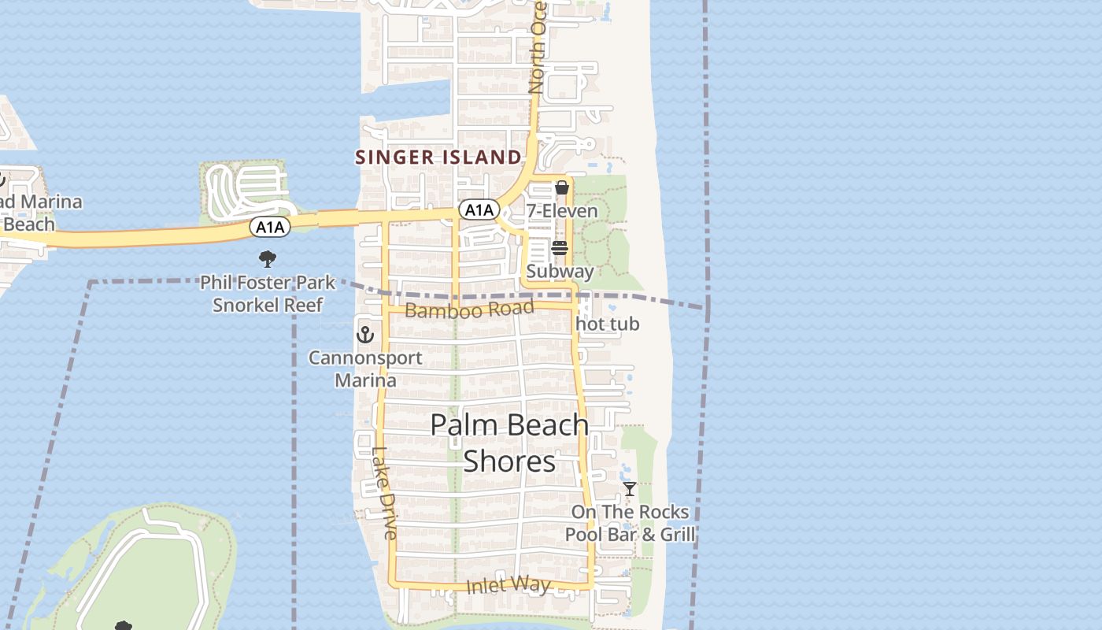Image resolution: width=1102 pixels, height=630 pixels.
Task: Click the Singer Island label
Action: pyautogui.click(x=438, y=157)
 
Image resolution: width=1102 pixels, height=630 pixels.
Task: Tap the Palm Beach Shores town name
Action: pyautogui.click(x=510, y=443)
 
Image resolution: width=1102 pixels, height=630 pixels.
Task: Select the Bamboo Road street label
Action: pyautogui.click(x=469, y=309)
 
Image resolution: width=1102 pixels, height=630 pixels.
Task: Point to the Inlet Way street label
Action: pyautogui.click(x=508, y=585)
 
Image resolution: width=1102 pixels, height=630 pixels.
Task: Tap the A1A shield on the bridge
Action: pyautogui.click(x=270, y=228)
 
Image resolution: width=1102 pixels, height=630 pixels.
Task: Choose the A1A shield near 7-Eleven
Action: pyautogui.click(x=479, y=209)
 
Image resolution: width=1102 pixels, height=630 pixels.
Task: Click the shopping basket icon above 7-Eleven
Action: pyautogui.click(x=561, y=187)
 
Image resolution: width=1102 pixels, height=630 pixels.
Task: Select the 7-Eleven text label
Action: pyautogui.click(x=562, y=211)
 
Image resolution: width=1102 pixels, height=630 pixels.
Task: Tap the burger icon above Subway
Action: pyautogui.click(x=560, y=249)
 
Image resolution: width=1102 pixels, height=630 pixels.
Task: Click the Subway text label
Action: pyautogui.click(x=560, y=272)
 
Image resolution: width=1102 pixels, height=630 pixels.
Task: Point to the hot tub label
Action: pyautogui.click(x=608, y=324)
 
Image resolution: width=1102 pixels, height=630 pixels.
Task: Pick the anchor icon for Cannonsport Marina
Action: pyautogui.click(x=364, y=335)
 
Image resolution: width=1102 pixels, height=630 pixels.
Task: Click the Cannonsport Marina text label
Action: pyautogui.click(x=365, y=369)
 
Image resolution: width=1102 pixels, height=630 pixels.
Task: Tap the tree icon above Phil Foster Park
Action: pyautogui.click(x=268, y=258)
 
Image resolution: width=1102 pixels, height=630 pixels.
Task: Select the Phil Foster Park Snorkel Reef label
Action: pyautogui.click(x=268, y=293)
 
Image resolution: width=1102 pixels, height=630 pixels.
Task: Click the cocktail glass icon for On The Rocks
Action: pyautogui.click(x=629, y=489)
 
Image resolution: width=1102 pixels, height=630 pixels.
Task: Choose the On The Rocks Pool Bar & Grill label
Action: pyautogui.click(x=630, y=523)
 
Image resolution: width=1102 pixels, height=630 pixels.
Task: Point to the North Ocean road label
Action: pyautogui.click(x=538, y=47)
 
